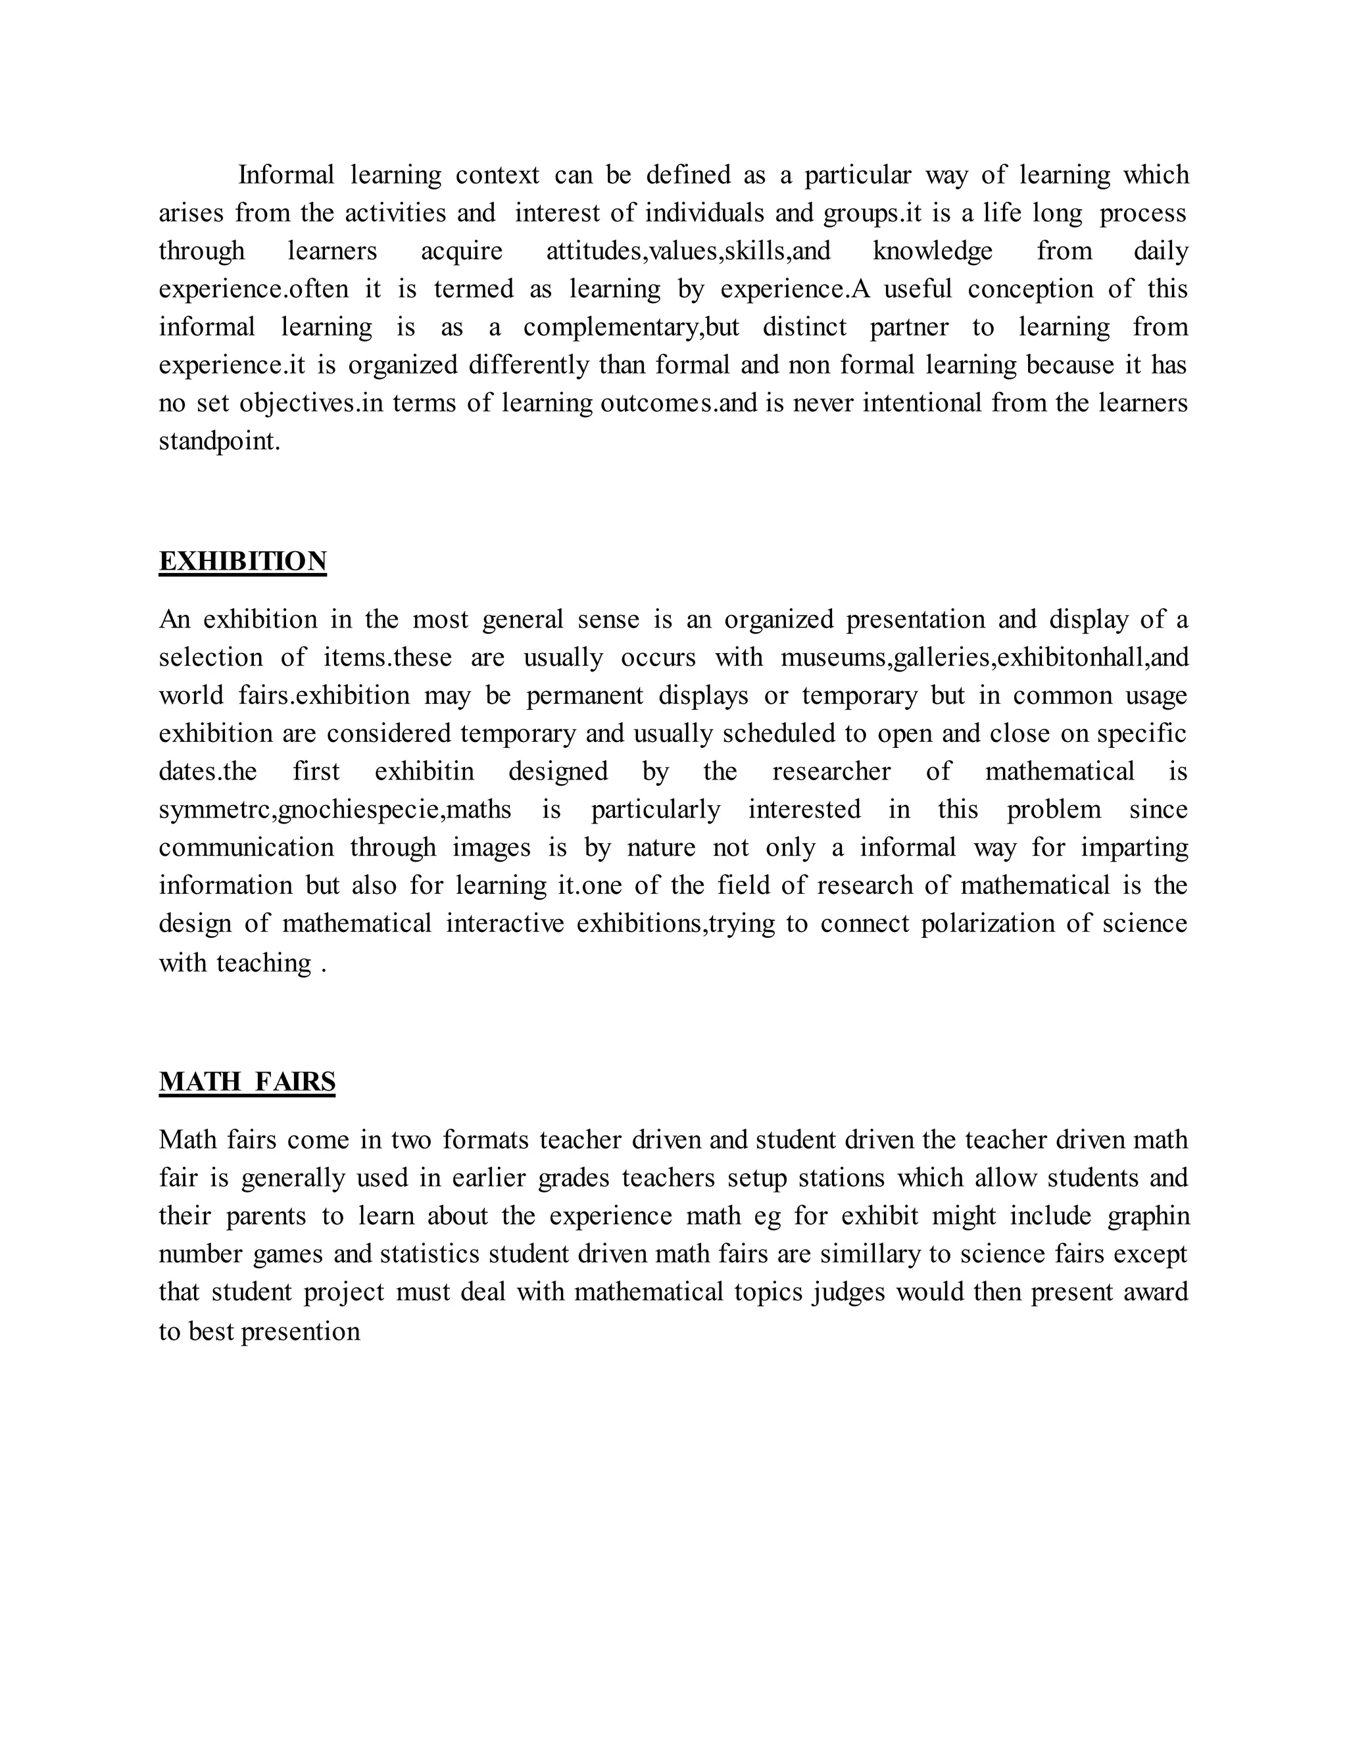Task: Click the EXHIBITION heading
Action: point(243,562)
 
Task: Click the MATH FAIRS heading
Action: point(247,1082)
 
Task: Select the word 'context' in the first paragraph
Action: point(497,175)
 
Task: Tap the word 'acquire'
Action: point(461,251)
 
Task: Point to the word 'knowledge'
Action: point(933,251)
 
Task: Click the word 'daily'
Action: point(1160,251)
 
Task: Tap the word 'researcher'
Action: point(831,772)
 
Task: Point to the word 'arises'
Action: point(191,213)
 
